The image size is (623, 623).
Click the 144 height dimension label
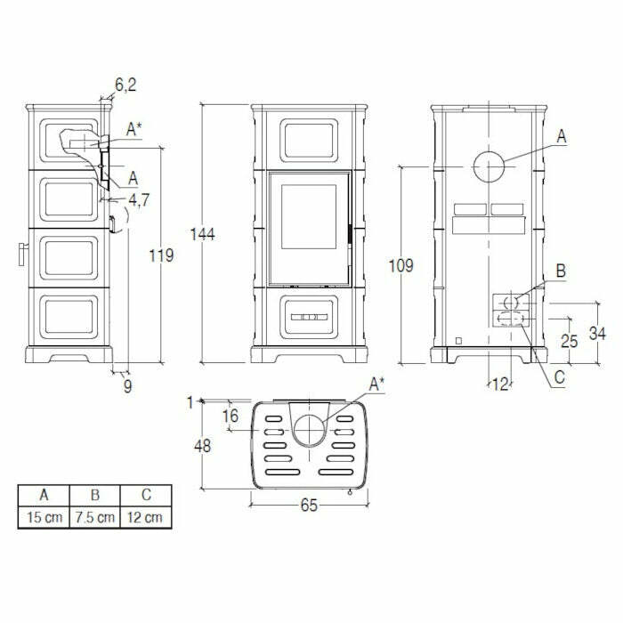[203, 234]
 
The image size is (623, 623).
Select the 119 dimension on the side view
[161, 255]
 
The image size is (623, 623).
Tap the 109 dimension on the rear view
[403, 265]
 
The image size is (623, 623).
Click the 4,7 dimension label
[138, 198]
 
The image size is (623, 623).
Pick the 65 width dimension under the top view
[309, 505]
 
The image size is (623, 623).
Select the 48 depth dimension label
[204, 445]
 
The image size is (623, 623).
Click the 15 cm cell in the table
[44, 517]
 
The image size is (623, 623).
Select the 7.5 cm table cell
[94, 517]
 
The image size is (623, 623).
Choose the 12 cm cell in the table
[144, 517]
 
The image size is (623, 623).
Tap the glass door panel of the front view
[306, 226]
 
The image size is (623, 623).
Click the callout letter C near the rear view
[559, 377]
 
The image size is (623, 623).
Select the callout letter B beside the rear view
[559, 271]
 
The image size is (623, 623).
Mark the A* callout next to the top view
[377, 384]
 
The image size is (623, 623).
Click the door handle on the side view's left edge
[20, 254]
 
